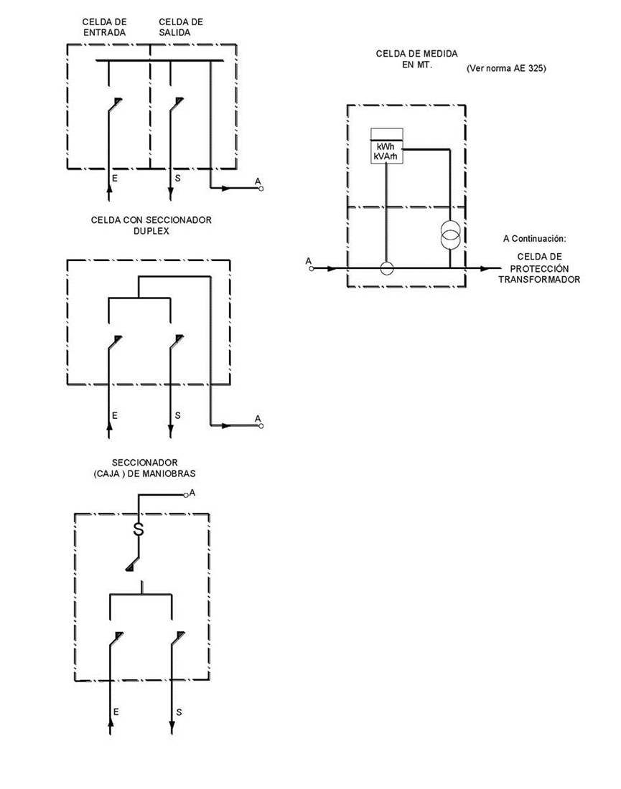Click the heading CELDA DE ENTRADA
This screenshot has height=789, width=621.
tap(105, 27)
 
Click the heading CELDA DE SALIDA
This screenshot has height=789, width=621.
tap(181, 27)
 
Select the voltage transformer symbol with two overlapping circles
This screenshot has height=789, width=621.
tap(450, 236)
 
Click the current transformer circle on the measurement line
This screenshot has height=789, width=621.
tap(386, 269)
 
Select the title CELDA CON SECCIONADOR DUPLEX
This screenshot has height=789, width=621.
tap(151, 225)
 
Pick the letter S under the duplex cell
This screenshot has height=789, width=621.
tap(177, 416)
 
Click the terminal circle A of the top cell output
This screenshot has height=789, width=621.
tap(261, 189)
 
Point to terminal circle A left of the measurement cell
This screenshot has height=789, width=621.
tap(312, 269)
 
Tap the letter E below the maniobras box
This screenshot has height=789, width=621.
tap(116, 712)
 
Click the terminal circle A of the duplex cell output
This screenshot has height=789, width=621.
tap(261, 425)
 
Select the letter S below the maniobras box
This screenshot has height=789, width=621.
tap(178, 712)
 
